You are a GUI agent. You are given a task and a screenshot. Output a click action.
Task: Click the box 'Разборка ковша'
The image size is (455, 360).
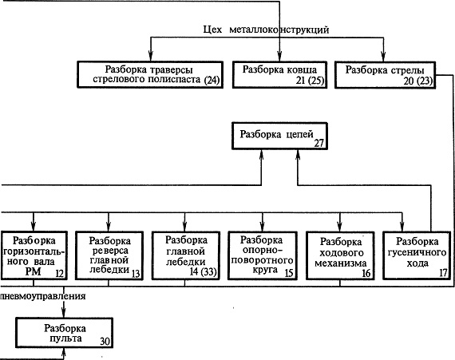pyautogui.click(x=279, y=74)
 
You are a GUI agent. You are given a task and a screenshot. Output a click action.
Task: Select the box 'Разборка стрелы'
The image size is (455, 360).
pyautogui.click(x=385, y=74)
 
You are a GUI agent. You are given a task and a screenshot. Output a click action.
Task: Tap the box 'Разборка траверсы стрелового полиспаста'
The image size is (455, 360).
pyautogui.click(x=150, y=74)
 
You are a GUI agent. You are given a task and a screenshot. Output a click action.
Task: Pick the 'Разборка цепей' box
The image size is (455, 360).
pyautogui.click(x=279, y=136)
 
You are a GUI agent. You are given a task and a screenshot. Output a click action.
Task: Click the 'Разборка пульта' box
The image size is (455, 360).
pyautogui.click(x=64, y=333)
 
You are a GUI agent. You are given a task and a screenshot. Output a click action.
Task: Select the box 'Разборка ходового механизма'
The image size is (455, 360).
pyautogui.click(x=340, y=255)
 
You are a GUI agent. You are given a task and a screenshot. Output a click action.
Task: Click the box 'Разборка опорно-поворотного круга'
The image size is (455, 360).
pyautogui.click(x=263, y=255)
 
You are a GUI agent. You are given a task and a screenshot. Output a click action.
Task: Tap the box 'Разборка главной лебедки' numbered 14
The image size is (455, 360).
pyautogui.click(x=186, y=255)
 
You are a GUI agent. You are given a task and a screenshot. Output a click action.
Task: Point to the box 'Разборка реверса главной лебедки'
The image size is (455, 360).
pyautogui.click(x=109, y=255)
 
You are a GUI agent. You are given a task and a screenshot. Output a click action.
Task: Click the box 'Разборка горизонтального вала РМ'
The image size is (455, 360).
pyautogui.click(x=34, y=255)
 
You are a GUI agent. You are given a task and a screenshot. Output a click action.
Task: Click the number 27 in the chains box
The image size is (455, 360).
pyautogui.click(x=319, y=144)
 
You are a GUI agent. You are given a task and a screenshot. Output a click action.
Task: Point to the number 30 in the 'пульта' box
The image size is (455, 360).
pyautogui.click(x=105, y=342)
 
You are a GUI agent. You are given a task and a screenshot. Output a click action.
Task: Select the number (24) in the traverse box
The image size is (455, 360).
pyautogui.click(x=212, y=80)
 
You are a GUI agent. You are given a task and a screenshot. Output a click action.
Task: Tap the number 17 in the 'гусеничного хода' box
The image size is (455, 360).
pyautogui.click(x=444, y=273)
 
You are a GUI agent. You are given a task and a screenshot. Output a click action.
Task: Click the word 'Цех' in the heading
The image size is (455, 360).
pyautogui.click(x=212, y=30)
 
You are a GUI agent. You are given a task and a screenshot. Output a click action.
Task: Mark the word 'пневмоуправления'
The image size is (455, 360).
pyautogui.click(x=43, y=296)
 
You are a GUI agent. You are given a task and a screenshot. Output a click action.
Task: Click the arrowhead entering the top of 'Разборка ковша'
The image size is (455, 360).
pyautogui.click(x=279, y=57)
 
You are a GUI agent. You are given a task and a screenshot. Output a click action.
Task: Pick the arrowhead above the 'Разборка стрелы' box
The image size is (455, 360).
pyautogui.click(x=383, y=57)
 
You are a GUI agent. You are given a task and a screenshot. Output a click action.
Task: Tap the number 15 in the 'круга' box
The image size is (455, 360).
pyautogui.click(x=289, y=273)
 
